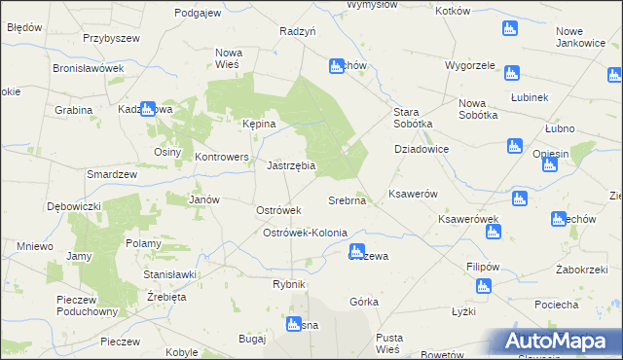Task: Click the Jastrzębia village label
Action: click(x=290, y=165)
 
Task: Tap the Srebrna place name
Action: click(x=347, y=200)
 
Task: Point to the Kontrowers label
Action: click(x=223, y=156)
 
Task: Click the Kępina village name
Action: click(x=259, y=125)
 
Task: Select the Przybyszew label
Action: click(x=112, y=38)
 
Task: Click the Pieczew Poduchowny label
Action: click(x=88, y=306)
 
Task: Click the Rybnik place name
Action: click(x=289, y=284)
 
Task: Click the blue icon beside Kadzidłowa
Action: click(x=148, y=110)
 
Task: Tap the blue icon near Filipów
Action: click(x=482, y=286)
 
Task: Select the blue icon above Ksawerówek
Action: click(x=519, y=199)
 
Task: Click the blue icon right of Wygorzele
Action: click(x=511, y=72)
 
